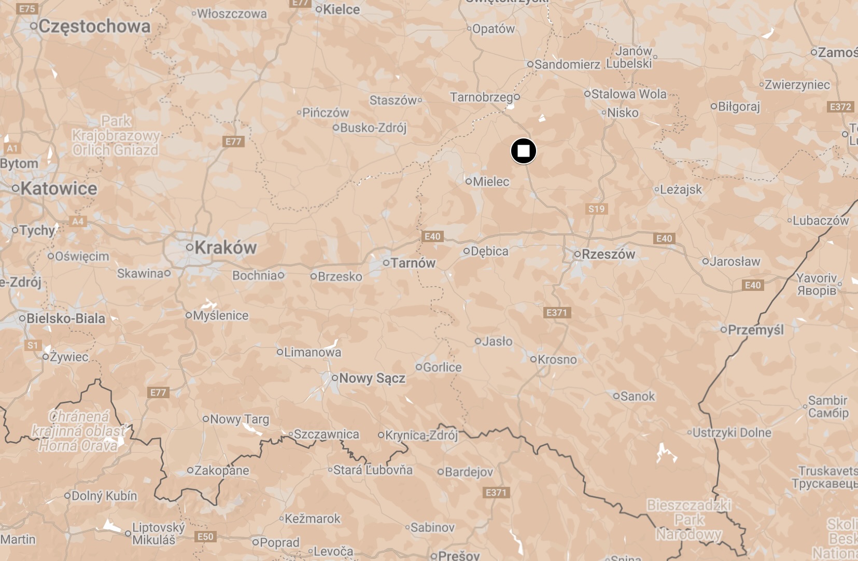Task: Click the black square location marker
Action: (524, 151)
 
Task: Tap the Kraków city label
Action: (225, 248)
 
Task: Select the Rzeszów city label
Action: (608, 254)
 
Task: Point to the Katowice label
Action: (59, 188)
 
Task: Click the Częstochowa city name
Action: (94, 26)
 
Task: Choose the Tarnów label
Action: (413, 263)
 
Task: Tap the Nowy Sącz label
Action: (372, 378)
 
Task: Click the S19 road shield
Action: (596, 209)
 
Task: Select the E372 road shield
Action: (840, 107)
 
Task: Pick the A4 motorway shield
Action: (77, 221)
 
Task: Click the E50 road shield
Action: (205, 537)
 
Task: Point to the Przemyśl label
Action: (755, 330)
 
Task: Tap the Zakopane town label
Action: (221, 470)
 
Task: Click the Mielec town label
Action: (490, 181)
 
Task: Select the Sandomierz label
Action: (567, 64)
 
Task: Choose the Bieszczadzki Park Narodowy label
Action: (689, 520)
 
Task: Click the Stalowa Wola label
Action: (628, 94)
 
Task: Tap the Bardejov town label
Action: (469, 472)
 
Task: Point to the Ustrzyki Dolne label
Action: (732, 432)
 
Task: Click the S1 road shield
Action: (33, 345)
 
